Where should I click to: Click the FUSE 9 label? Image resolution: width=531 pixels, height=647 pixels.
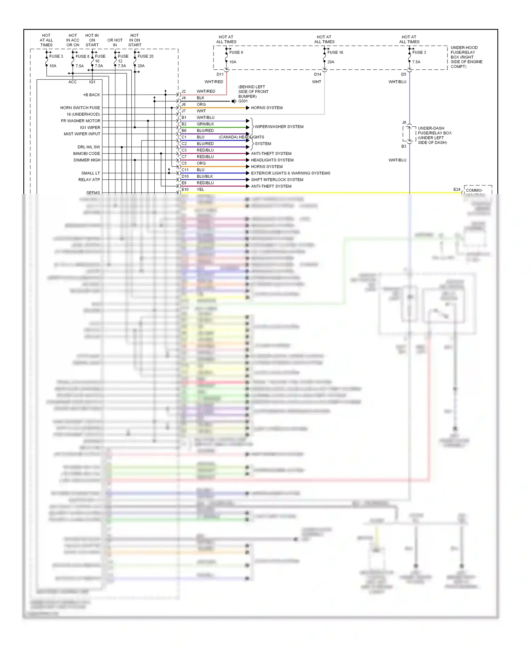pyautogui.click(x=236, y=52)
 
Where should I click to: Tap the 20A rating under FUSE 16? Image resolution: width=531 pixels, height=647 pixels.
pyautogui.click(x=331, y=62)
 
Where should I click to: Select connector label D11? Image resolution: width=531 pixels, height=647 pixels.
pyautogui.click(x=220, y=74)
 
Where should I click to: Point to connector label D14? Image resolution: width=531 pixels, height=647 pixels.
pyautogui.click(x=318, y=74)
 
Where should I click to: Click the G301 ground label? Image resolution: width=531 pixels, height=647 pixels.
pyautogui.click(x=243, y=101)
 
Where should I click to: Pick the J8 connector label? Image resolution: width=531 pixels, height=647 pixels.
pyautogui.click(x=404, y=122)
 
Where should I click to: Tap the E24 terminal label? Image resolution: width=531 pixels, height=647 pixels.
pyautogui.click(x=457, y=190)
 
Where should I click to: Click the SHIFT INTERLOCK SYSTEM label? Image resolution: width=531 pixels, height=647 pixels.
pyautogui.click(x=277, y=180)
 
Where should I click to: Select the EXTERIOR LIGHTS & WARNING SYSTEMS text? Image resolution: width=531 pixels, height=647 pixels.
pyautogui.click(x=290, y=173)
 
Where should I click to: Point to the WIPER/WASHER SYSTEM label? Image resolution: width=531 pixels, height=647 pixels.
pyautogui.click(x=279, y=127)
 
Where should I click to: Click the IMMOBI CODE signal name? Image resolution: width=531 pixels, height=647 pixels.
pyautogui.click(x=86, y=154)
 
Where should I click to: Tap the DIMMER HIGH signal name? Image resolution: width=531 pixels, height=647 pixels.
pyautogui.click(x=87, y=160)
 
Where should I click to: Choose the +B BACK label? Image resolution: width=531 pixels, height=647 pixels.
pyautogui.click(x=91, y=95)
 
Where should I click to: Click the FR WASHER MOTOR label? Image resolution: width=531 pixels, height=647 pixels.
pyautogui.click(x=80, y=121)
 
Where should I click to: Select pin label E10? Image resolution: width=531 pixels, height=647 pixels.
pyautogui.click(x=185, y=189)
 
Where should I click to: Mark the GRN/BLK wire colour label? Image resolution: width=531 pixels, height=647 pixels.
pyautogui.click(x=205, y=124)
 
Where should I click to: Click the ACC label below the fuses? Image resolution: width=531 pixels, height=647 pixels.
pyautogui.click(x=73, y=82)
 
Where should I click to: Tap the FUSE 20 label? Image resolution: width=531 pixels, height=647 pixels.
pyautogui.click(x=145, y=56)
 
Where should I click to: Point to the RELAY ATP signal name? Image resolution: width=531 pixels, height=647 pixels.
pyautogui.click(x=89, y=180)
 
